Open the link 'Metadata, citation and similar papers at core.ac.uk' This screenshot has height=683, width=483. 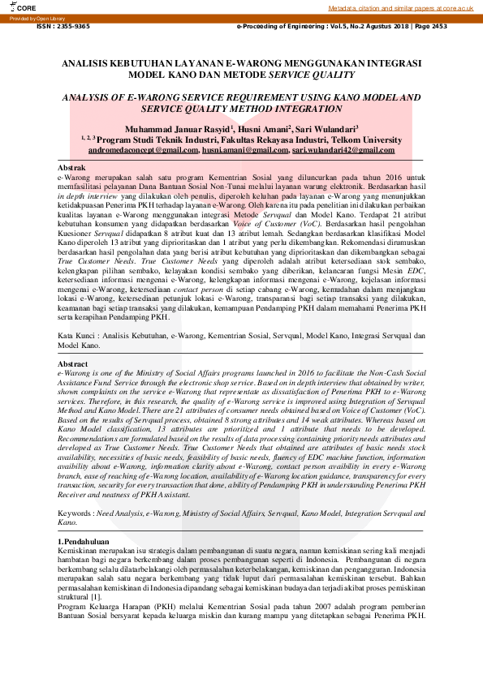pos(401,7)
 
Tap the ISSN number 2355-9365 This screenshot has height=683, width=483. pos(63,26)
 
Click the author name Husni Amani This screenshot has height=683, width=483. pos(260,129)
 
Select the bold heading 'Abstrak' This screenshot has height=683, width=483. pos(72,166)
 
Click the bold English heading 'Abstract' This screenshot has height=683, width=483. pos(73,364)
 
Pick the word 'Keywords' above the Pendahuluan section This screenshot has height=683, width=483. pos(75,513)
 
